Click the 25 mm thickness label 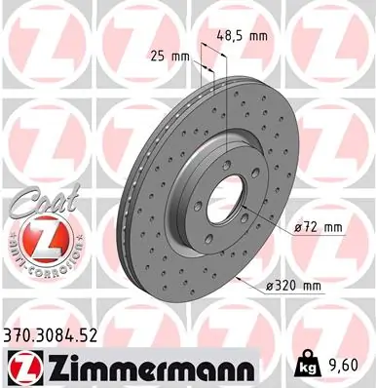tap(170, 56)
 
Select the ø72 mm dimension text tap(319, 228)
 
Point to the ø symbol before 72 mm tap(297, 228)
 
